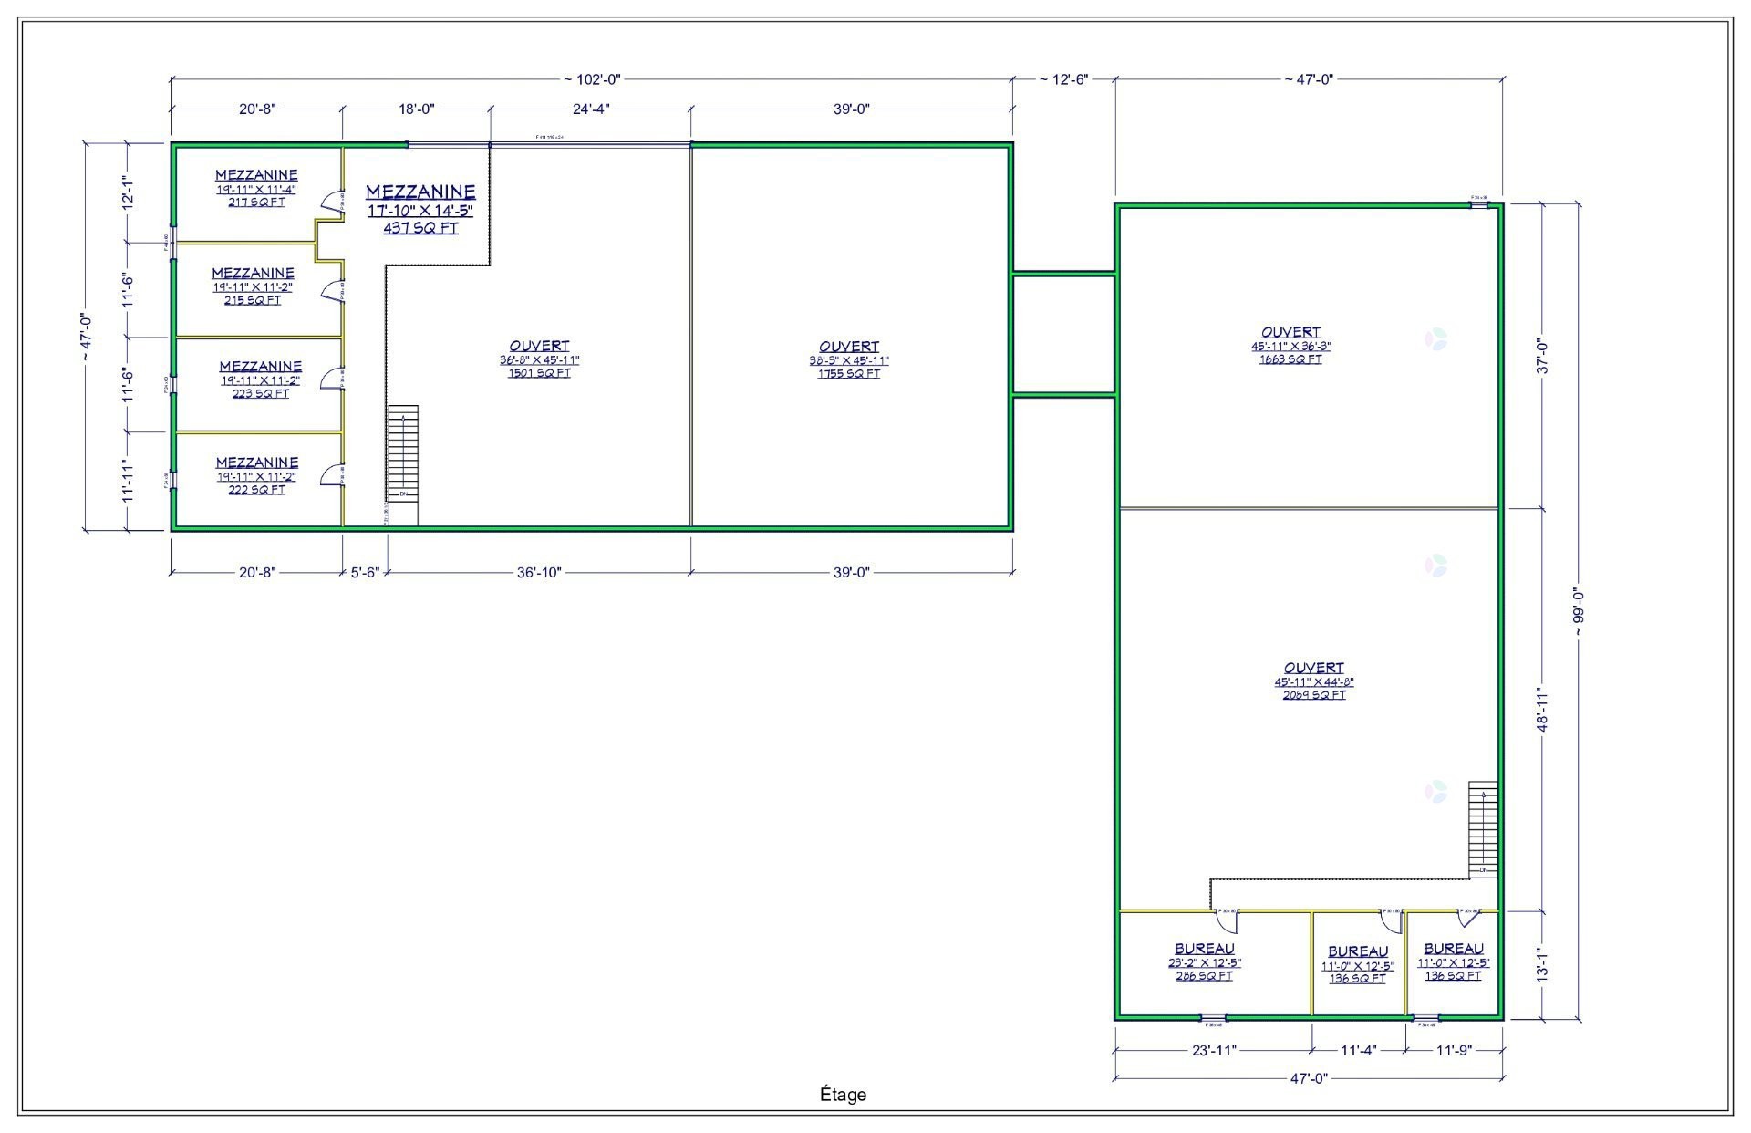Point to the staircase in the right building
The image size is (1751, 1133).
(1483, 828)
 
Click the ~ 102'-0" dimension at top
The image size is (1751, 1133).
(592, 79)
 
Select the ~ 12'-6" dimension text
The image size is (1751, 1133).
(1063, 79)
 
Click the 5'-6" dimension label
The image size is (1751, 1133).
(365, 573)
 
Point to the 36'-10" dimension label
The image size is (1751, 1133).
(539, 573)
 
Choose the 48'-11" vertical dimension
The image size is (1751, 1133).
(1542, 709)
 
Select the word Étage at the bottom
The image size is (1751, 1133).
(843, 1095)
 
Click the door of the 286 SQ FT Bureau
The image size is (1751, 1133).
(1227, 921)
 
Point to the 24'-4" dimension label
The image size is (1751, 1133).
(590, 109)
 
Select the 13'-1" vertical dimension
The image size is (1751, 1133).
(1542, 964)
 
